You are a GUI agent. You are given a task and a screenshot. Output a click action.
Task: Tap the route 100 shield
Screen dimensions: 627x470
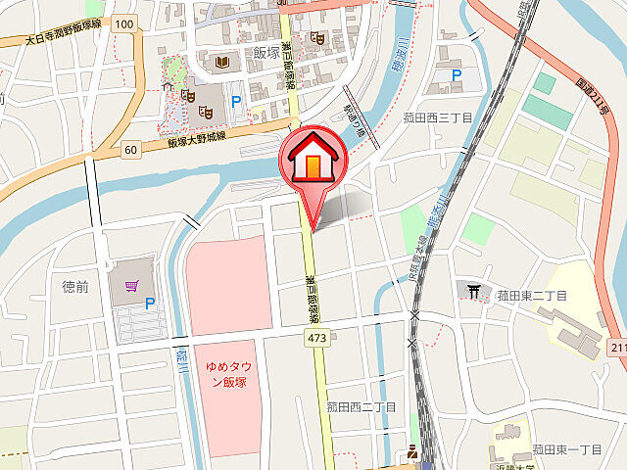(123, 23)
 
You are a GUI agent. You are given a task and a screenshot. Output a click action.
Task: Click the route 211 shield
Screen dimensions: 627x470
(617, 348)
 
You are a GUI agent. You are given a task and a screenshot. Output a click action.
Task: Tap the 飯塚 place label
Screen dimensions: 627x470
(266, 53)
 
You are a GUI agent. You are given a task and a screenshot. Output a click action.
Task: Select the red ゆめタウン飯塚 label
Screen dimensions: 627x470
(225, 374)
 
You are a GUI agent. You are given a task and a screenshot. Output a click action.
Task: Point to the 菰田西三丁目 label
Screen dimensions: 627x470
(438, 117)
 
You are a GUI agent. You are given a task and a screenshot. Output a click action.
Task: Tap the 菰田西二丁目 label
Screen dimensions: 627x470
(362, 406)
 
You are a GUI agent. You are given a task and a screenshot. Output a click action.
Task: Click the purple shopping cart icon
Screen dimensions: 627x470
(131, 286)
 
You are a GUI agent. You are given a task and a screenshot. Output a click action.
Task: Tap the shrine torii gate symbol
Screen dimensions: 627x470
(474, 290)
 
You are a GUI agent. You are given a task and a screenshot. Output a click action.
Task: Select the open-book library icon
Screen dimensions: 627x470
(222, 64)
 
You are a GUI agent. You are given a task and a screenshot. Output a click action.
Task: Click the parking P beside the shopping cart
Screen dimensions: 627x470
(150, 305)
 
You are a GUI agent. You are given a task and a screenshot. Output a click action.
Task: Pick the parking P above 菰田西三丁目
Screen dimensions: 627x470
(456, 74)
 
